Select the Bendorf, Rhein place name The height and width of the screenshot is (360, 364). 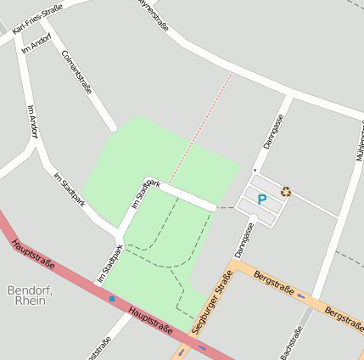point(30,295)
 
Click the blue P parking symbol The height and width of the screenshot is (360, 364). point(262,200)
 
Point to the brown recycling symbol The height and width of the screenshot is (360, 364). point(286,192)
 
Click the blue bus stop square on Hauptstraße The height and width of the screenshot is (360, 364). point(112,298)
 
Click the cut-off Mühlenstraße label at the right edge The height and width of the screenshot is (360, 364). point(359,140)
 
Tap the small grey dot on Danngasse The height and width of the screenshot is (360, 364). point(255,170)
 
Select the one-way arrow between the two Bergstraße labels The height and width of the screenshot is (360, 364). point(300,295)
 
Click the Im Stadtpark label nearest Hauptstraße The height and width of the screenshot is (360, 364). point(109,263)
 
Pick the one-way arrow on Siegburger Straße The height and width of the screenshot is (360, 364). point(181,351)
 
